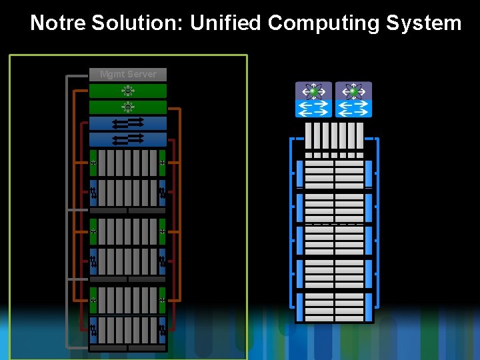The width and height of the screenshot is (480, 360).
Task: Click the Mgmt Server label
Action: coord(128,74)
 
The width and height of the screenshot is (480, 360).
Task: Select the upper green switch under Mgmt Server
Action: coord(128,91)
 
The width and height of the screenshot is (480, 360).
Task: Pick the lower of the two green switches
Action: coord(128,107)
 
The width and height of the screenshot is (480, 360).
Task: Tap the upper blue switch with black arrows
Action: coord(128,123)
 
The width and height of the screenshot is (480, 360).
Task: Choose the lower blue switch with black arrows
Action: coord(128,139)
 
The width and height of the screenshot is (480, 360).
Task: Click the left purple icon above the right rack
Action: coord(313,91)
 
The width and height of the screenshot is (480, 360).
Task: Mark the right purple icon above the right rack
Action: coord(353,91)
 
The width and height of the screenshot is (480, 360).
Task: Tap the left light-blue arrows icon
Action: coord(313,109)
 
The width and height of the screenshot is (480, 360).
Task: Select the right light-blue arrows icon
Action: coord(353,109)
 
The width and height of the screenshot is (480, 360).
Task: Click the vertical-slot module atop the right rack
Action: coord(334,135)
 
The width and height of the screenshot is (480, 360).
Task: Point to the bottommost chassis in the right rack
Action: coord(334,307)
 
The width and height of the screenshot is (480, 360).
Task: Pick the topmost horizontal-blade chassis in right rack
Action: coord(334,174)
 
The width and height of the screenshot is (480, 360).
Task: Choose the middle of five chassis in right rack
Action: coord(334,241)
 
